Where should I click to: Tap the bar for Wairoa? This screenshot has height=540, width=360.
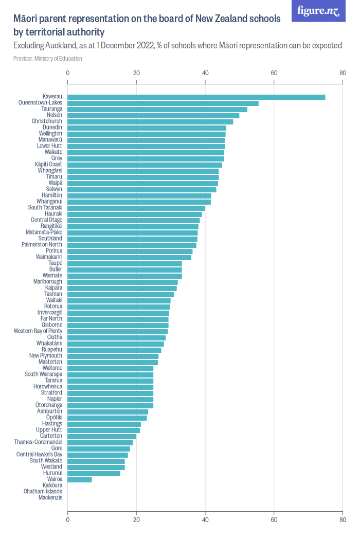click(80, 479)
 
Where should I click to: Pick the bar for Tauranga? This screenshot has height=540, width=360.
click(157, 109)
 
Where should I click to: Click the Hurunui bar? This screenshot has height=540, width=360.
click(94, 473)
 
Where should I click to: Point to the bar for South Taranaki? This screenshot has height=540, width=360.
click(136, 208)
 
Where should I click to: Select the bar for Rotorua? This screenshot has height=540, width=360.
click(119, 307)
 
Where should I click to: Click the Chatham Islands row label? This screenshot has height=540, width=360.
click(43, 491)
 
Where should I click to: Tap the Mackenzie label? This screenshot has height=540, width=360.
click(50, 497)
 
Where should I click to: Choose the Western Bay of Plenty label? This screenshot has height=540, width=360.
click(38, 331)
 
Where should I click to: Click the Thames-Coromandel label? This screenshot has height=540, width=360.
click(38, 442)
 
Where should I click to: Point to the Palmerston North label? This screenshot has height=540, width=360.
click(42, 244)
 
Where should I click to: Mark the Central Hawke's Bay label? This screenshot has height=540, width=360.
click(40, 454)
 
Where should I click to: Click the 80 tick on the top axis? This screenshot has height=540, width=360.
click(343, 73)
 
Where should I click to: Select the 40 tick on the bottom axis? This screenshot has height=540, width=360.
click(205, 519)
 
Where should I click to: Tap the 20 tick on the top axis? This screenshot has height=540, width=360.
click(136, 73)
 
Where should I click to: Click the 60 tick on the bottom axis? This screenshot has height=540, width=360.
click(274, 519)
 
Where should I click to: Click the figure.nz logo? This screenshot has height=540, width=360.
click(318, 11)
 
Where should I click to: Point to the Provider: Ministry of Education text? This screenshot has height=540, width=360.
click(48, 59)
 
